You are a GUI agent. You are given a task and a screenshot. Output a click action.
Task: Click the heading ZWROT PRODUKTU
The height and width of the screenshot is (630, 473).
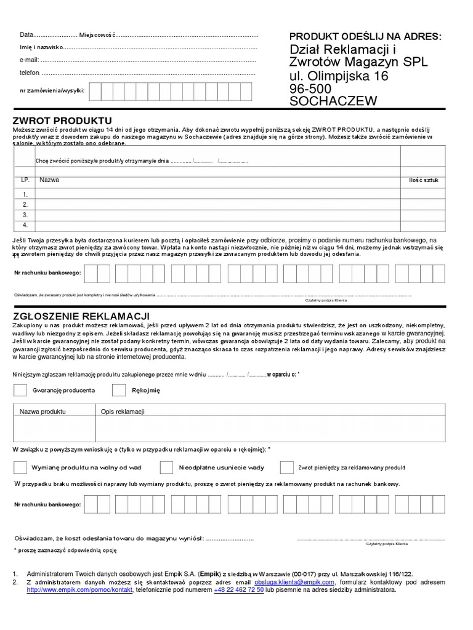pyautogui.click(x=62, y=119)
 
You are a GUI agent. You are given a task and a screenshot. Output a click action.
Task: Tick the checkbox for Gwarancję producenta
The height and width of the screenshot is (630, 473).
pyautogui.click(x=20, y=390)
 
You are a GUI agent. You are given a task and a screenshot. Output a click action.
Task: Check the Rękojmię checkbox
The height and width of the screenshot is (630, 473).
pyautogui.click(x=119, y=390)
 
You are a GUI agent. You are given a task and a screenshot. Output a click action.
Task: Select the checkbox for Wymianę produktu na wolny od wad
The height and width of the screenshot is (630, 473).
pyautogui.click(x=20, y=467)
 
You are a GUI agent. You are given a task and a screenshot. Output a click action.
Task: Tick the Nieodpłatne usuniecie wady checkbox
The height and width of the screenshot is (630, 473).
pyautogui.click(x=166, y=467)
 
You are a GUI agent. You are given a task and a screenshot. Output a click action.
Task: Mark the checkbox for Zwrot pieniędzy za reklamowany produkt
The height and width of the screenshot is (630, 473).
pyautogui.click(x=286, y=467)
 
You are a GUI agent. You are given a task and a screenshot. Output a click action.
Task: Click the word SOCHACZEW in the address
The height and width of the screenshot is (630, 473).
pyautogui.click(x=333, y=102)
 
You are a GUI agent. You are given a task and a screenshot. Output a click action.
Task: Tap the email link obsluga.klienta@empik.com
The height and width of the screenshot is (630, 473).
pyautogui.click(x=294, y=581)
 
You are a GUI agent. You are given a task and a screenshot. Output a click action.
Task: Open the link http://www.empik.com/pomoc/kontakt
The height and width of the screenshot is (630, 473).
pyautogui.click(x=79, y=589)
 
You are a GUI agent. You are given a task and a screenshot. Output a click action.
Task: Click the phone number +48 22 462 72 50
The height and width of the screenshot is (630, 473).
pyautogui.click(x=239, y=589)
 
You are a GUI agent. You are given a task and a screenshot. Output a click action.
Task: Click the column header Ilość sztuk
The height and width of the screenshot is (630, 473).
pyautogui.click(x=423, y=180)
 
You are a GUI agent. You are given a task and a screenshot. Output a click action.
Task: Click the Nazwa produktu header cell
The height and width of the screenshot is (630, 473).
pyautogui.click(x=42, y=411)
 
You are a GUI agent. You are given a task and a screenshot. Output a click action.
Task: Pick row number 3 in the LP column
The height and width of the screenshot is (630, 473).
pyautogui.click(x=25, y=215)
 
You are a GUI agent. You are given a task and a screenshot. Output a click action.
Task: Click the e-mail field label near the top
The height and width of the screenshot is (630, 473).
pyautogui.click(x=30, y=60)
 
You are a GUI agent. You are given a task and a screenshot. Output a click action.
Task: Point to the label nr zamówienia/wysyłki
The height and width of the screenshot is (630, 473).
pyautogui.click(x=52, y=91)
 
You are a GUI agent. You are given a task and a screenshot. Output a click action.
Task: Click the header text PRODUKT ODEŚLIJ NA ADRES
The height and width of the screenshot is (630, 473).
pyautogui.click(x=365, y=36)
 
